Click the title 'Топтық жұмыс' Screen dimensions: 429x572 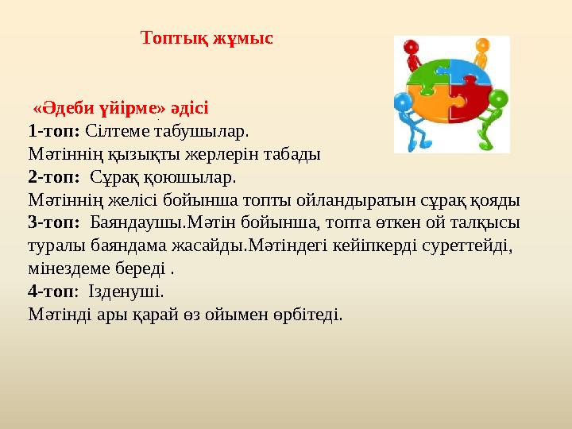click(207, 38)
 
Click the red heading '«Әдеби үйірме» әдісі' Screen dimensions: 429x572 click(120, 107)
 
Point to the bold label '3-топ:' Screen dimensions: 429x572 click(53, 222)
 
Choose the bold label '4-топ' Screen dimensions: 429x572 click(50, 291)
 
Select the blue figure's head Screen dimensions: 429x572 click(401, 102)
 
